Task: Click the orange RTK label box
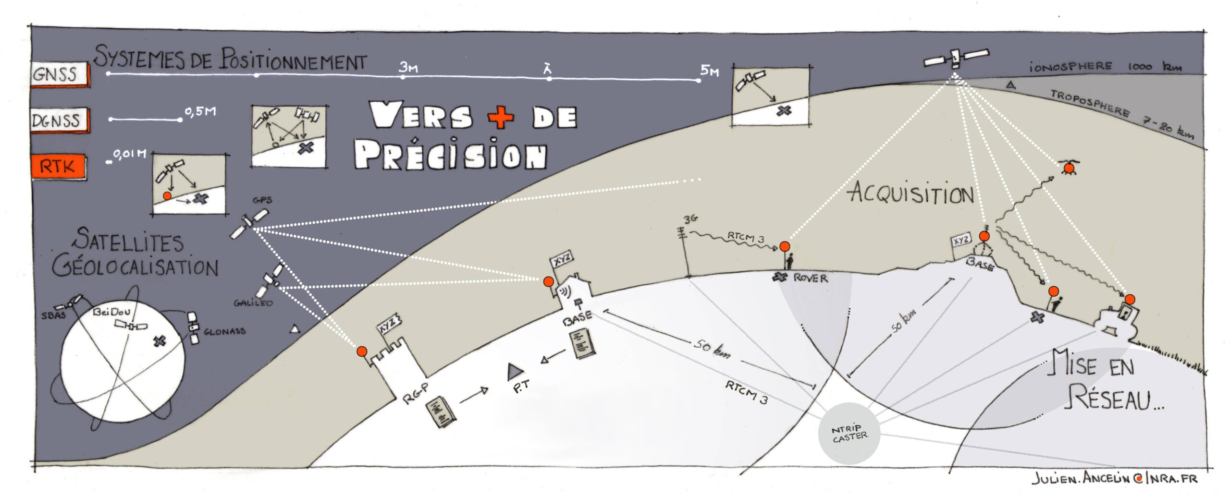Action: pyautogui.click(x=58, y=167)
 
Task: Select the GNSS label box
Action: pyautogui.click(x=59, y=74)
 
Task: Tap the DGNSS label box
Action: pyautogui.click(x=59, y=121)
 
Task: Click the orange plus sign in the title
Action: pyautogui.click(x=501, y=116)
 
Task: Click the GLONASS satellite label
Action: pyautogui.click(x=224, y=332)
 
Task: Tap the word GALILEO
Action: pyautogui.click(x=253, y=303)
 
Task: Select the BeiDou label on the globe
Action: pyautogui.click(x=111, y=313)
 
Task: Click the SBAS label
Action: pyautogui.click(x=53, y=315)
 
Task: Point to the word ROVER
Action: pyautogui.click(x=811, y=278)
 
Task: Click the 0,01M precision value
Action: pyautogui.click(x=129, y=154)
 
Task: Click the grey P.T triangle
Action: pyautogui.click(x=515, y=370)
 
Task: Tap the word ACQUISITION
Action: pyautogui.click(x=910, y=194)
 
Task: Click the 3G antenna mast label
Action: pyautogui.click(x=690, y=219)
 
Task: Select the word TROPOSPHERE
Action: pyautogui.click(x=1089, y=102)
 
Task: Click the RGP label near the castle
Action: pyautogui.click(x=416, y=393)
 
